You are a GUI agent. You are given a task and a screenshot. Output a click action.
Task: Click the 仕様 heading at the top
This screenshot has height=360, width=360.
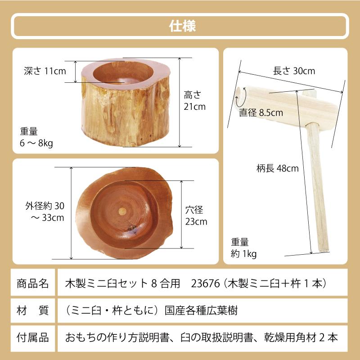180,26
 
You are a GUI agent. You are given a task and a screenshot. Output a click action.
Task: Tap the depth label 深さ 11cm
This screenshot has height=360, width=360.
45,71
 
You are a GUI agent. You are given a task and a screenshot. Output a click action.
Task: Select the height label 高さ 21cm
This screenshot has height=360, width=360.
194,101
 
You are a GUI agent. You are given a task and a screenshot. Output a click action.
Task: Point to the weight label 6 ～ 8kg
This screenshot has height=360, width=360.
36,138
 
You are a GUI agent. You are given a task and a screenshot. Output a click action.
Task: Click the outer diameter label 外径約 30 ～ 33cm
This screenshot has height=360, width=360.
45,212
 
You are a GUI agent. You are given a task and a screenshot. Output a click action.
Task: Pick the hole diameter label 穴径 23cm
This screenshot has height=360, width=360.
196,216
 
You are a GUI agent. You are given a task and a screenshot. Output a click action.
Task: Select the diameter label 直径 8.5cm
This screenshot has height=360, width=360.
261,112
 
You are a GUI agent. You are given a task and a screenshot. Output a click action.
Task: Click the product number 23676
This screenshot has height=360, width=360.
204,283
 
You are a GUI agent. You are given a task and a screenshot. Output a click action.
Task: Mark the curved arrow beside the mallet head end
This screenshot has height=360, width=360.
238,100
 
